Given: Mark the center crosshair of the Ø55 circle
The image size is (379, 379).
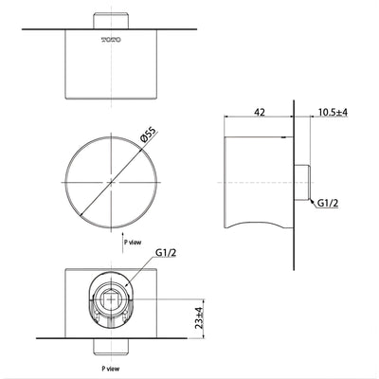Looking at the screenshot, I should click(x=110, y=180).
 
